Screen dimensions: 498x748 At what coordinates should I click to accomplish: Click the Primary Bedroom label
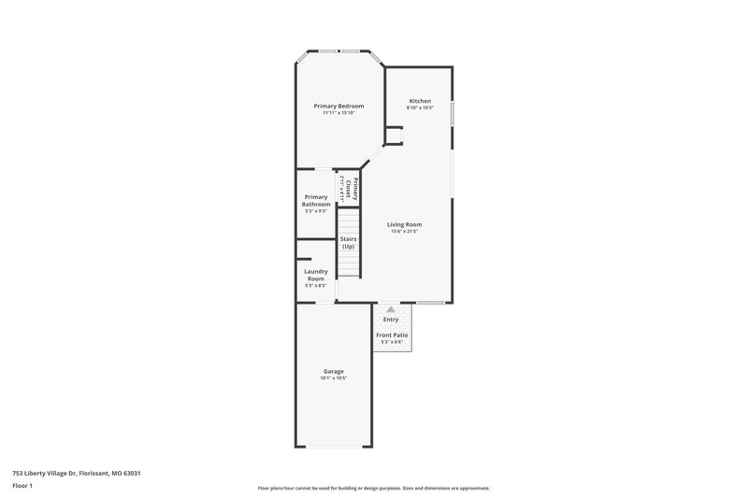[338, 107]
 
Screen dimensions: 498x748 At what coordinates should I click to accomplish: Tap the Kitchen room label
[419, 100]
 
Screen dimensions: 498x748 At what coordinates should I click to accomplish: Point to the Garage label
[334, 371]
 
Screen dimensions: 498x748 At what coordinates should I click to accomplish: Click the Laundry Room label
[316, 275]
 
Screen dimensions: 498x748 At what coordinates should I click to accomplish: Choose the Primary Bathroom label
[316, 201]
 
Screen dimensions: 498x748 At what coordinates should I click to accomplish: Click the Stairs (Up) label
[348, 242]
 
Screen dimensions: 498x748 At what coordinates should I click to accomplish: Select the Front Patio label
[392, 334]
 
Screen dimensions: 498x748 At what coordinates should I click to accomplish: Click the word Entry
[391, 320]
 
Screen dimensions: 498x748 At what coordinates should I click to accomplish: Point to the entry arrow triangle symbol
[391, 308]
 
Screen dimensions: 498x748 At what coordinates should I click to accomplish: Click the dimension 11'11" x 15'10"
[338, 114]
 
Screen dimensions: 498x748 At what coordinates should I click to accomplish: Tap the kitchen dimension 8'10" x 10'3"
[419, 107]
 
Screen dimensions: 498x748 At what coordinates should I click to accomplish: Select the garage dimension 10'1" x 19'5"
[334, 378]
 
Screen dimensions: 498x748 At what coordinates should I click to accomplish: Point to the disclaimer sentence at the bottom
[373, 488]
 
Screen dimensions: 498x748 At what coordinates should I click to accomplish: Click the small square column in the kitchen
[395, 136]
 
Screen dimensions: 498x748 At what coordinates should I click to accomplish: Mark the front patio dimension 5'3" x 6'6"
[392, 342]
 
